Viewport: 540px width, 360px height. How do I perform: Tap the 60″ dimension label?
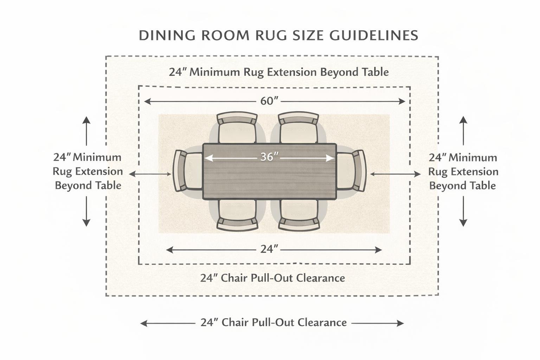(x=269, y=101)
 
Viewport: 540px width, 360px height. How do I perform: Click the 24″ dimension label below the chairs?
(x=269, y=249)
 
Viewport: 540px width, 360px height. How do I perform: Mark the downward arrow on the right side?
(x=463, y=211)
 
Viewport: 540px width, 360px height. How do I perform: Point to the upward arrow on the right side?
(x=463, y=131)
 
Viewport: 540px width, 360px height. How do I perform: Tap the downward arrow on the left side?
(x=86, y=211)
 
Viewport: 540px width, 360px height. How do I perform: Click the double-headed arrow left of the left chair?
(x=150, y=174)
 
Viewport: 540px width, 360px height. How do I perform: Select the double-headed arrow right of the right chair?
(x=395, y=174)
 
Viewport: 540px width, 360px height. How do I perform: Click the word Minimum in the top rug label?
(x=214, y=72)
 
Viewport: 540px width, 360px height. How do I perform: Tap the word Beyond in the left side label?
(x=70, y=185)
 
